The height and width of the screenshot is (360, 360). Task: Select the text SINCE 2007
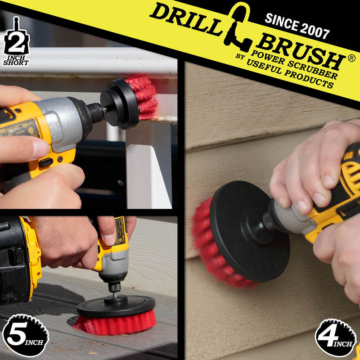click(x=297, y=26)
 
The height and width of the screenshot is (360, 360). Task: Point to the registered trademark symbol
click(x=351, y=58)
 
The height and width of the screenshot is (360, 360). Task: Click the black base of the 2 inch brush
click(x=119, y=103)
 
